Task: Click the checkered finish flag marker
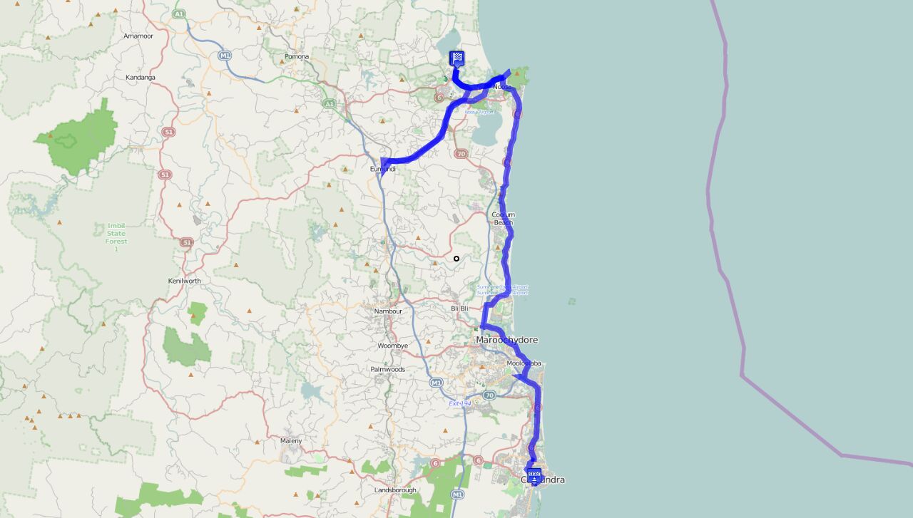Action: coord(457,58)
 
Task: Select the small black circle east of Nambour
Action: coord(456,259)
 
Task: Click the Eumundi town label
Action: coord(382,169)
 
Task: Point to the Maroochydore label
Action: coord(506,340)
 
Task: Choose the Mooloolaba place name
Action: coord(524,363)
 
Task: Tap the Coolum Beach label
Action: coord(503,218)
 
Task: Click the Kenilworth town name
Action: coord(184,281)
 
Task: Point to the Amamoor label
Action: coord(138,36)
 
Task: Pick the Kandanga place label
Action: coord(141,77)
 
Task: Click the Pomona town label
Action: coord(297,56)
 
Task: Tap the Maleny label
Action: coord(291,440)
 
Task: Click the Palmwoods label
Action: coord(388,369)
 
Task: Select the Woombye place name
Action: coord(393,346)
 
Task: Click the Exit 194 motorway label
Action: coord(460,403)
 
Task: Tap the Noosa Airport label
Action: coord(479,112)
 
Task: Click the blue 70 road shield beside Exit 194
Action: coord(489,395)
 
